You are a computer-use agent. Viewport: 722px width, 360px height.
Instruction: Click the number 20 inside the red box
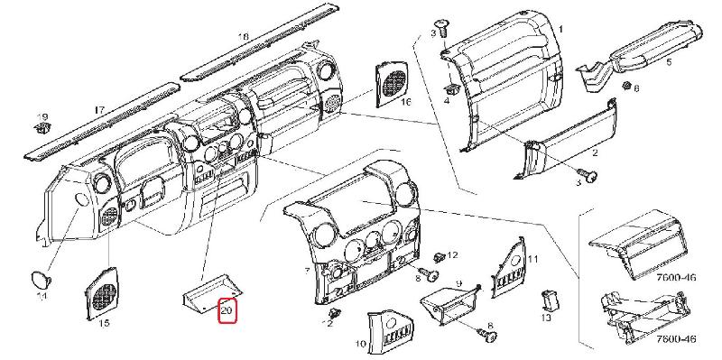pyautogui.click(x=227, y=310)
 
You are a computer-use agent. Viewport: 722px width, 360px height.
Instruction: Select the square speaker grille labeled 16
pyautogui.click(x=392, y=83)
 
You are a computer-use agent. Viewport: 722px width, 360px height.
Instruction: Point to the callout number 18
pyautogui.click(x=243, y=37)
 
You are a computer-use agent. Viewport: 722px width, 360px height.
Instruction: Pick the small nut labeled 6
pyautogui.click(x=625, y=86)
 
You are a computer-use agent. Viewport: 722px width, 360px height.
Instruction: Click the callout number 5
pyautogui.click(x=668, y=62)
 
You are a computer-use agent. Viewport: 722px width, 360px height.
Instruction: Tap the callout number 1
pyautogui.click(x=560, y=30)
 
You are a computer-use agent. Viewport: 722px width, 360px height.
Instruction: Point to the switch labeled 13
pyautogui.click(x=550, y=300)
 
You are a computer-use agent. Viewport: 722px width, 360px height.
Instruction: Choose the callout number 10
pyautogui.click(x=361, y=344)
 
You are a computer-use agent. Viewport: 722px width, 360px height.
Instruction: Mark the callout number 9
pyautogui.click(x=458, y=283)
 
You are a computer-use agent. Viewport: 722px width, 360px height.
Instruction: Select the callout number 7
pyautogui.click(x=307, y=272)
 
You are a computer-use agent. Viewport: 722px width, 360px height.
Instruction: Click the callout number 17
pyautogui.click(x=99, y=110)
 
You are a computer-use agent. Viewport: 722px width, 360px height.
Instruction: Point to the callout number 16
pyautogui.click(x=405, y=101)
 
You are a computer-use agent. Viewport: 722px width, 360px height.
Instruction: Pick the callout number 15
pyautogui.click(x=104, y=323)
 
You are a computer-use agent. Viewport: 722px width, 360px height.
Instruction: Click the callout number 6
pyautogui.click(x=636, y=88)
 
